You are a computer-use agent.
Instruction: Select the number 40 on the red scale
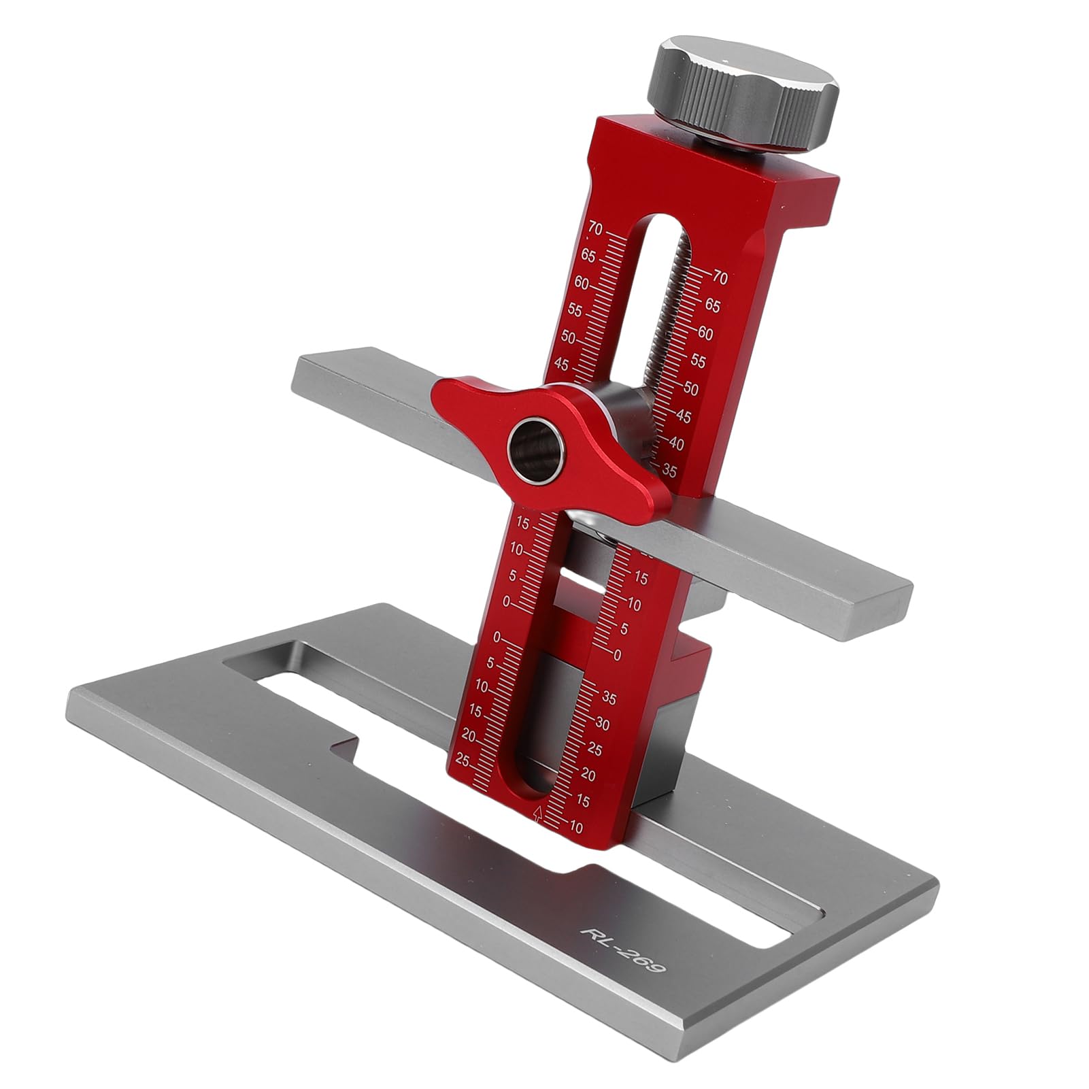click(676, 443)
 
